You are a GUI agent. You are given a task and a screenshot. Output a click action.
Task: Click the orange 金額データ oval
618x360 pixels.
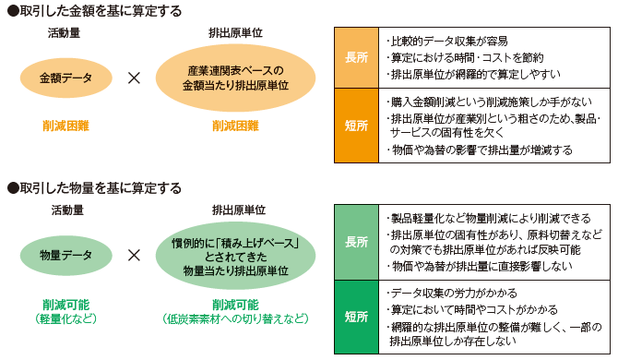coord(65,78)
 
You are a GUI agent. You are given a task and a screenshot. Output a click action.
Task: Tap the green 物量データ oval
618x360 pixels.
coord(65,253)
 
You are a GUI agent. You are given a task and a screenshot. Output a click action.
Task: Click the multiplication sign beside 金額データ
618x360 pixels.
coord(134,78)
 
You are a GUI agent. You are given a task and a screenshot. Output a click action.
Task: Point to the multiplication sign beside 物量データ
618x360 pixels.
coord(134,253)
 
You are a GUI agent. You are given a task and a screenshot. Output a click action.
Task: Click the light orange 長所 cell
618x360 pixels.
coord(355,56)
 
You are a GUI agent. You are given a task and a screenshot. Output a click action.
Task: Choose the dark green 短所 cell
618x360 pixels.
coord(355,316)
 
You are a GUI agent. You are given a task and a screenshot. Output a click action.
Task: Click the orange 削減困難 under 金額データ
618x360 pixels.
coord(65,125)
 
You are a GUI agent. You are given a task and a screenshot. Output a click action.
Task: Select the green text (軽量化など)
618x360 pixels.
coord(65,319)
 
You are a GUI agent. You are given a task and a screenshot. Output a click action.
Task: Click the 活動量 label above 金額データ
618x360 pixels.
coord(65,33)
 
